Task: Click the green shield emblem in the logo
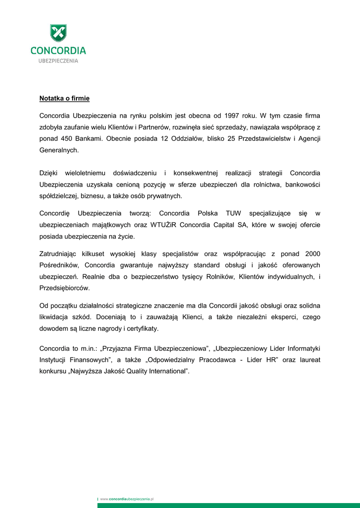pyautogui.click(x=58, y=33)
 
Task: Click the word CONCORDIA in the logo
pyautogui.click(x=58, y=51)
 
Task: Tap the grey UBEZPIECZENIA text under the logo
pyautogui.click(x=58, y=61)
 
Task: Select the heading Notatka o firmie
pyautogui.click(x=65, y=99)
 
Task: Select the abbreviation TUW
pyautogui.click(x=233, y=213)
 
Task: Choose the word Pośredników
pyautogui.click(x=60, y=265)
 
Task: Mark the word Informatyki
pyautogui.click(x=301, y=349)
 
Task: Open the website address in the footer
pyautogui.click(x=127, y=498)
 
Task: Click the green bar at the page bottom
pyautogui.click(x=228, y=506)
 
